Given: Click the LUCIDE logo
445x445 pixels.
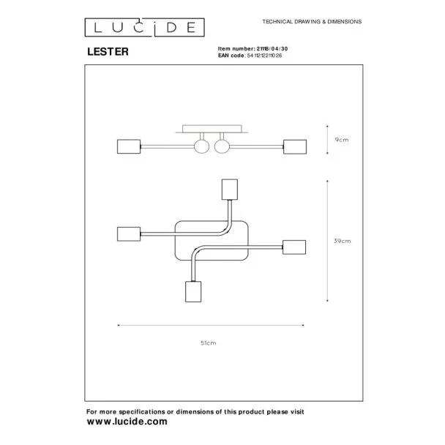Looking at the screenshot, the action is tap(144, 28).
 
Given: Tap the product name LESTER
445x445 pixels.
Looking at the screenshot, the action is tap(108, 52).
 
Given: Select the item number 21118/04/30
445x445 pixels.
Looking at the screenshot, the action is tap(272, 49).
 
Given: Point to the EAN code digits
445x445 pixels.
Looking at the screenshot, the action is tap(264, 56).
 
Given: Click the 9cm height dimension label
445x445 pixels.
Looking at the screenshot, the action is tap(342, 140).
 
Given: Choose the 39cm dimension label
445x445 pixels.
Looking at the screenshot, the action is tap(343, 241).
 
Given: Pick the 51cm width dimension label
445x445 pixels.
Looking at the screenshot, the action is tap(209, 343).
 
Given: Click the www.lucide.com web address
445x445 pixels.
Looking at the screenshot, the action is tap(127, 422).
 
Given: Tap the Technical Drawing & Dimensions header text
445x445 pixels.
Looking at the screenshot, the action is tap(312, 21).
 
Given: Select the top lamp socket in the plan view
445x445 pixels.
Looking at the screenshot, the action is tap(230, 190).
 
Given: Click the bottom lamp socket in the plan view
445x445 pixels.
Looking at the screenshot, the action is tap(193, 292).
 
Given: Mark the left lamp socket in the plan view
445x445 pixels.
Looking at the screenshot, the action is tap(129, 234).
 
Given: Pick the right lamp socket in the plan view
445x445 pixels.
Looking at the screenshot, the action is tap(294, 247).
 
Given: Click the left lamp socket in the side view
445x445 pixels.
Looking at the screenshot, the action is tap(129, 146).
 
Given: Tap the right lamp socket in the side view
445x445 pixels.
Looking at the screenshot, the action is tap(295, 146).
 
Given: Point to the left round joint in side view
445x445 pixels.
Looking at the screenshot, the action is tap(202, 146).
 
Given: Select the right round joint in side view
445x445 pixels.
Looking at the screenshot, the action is tap(222, 146).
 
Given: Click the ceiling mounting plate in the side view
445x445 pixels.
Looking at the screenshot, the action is tap(212, 129).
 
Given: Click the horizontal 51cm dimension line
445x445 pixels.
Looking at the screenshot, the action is tap(211, 325).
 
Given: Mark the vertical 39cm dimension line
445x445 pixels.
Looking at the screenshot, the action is tap(327, 241).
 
